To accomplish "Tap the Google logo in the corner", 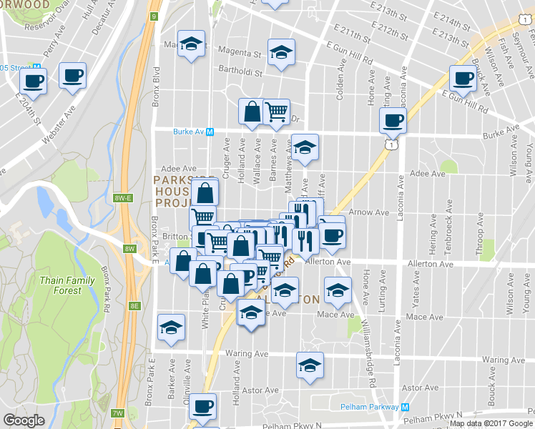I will coord(24,420).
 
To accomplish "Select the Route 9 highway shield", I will coord(154,16).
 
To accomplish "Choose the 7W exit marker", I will coord(118,413).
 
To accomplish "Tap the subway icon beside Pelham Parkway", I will coord(405,407).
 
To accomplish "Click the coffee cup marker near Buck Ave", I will coord(462,78).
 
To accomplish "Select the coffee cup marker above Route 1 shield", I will coord(392,120).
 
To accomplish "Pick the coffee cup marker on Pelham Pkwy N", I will coord(203,405).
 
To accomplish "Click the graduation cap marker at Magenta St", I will coord(281,51).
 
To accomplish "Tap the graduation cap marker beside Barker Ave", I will coord(171,327).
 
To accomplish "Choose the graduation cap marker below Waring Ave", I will coord(309,365).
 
